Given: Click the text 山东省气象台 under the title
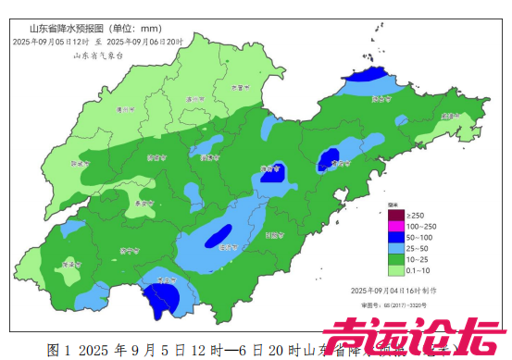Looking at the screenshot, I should (x=98, y=56).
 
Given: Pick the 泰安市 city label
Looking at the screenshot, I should (x=143, y=203).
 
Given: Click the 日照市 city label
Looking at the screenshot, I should (x=274, y=235).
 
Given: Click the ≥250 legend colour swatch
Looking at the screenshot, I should (x=394, y=215).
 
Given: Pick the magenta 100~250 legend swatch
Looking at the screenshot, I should (x=394, y=226).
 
